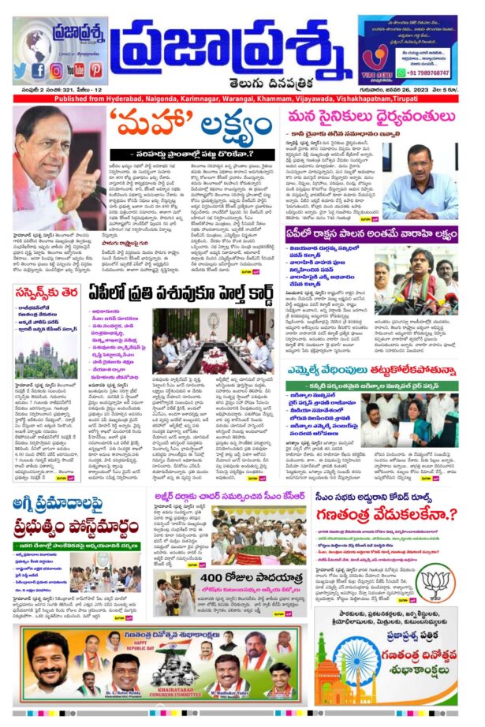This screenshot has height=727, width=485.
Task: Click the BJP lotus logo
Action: (435, 584)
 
